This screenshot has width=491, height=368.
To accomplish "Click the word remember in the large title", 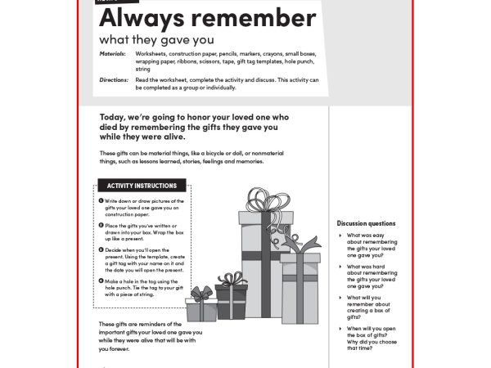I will click(242, 18).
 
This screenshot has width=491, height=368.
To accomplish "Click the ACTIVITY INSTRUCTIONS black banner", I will click(136, 186).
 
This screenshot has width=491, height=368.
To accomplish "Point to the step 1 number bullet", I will click(101, 200).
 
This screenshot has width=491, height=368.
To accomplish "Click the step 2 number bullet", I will click(101, 225).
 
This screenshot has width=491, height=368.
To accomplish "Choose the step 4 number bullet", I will click(101, 280).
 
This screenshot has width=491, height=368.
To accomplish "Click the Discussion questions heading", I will click(366, 223).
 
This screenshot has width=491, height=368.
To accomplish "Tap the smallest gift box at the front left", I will click(200, 309).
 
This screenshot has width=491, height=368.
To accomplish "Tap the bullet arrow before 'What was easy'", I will click(340, 236).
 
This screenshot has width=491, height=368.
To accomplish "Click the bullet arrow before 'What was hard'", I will click(340, 267).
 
